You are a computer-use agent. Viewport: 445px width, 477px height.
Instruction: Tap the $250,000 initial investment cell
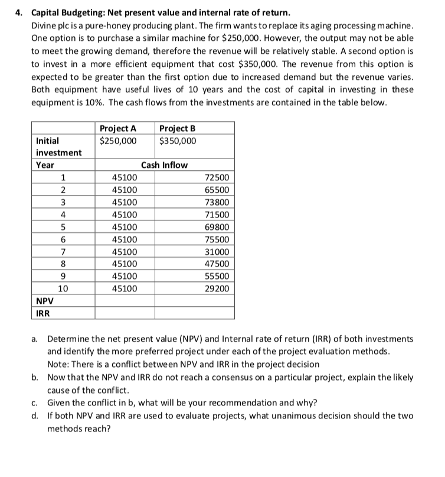pos(118,141)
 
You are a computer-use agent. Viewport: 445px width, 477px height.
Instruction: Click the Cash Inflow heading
pos(165,165)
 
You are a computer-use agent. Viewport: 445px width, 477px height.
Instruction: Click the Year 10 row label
pos(63,289)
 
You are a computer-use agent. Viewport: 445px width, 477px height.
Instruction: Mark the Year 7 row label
pos(63,252)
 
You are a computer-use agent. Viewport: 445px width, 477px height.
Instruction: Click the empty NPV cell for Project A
pos(125,300)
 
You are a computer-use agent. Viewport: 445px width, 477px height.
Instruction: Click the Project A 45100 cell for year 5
pos(125,227)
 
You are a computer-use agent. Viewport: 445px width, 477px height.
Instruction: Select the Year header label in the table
pos(45,165)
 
